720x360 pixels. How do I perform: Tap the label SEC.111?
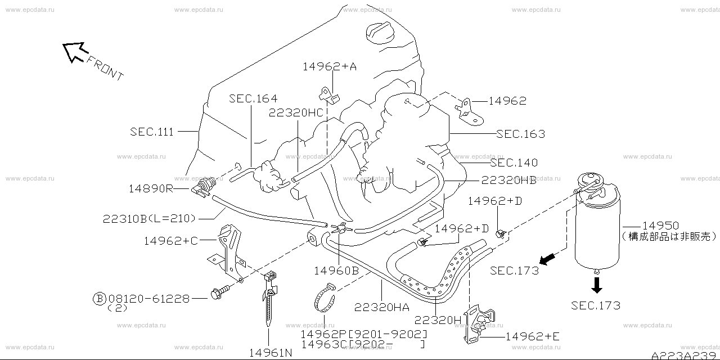click(152, 132)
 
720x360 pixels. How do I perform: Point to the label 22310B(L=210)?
click(148, 218)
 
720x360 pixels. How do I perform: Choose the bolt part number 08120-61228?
click(148, 298)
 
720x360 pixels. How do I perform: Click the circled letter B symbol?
click(99, 298)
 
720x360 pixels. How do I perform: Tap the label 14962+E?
click(532, 337)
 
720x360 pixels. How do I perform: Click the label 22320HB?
click(508, 181)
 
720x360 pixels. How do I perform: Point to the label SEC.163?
click(520, 134)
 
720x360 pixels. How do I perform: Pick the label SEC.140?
click(514, 163)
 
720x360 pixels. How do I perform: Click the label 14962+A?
click(330, 66)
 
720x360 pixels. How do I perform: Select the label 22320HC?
click(296, 112)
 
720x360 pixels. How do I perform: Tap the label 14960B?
click(336, 269)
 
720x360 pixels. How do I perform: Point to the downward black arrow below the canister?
click(597, 285)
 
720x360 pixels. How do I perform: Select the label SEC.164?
click(253, 99)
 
